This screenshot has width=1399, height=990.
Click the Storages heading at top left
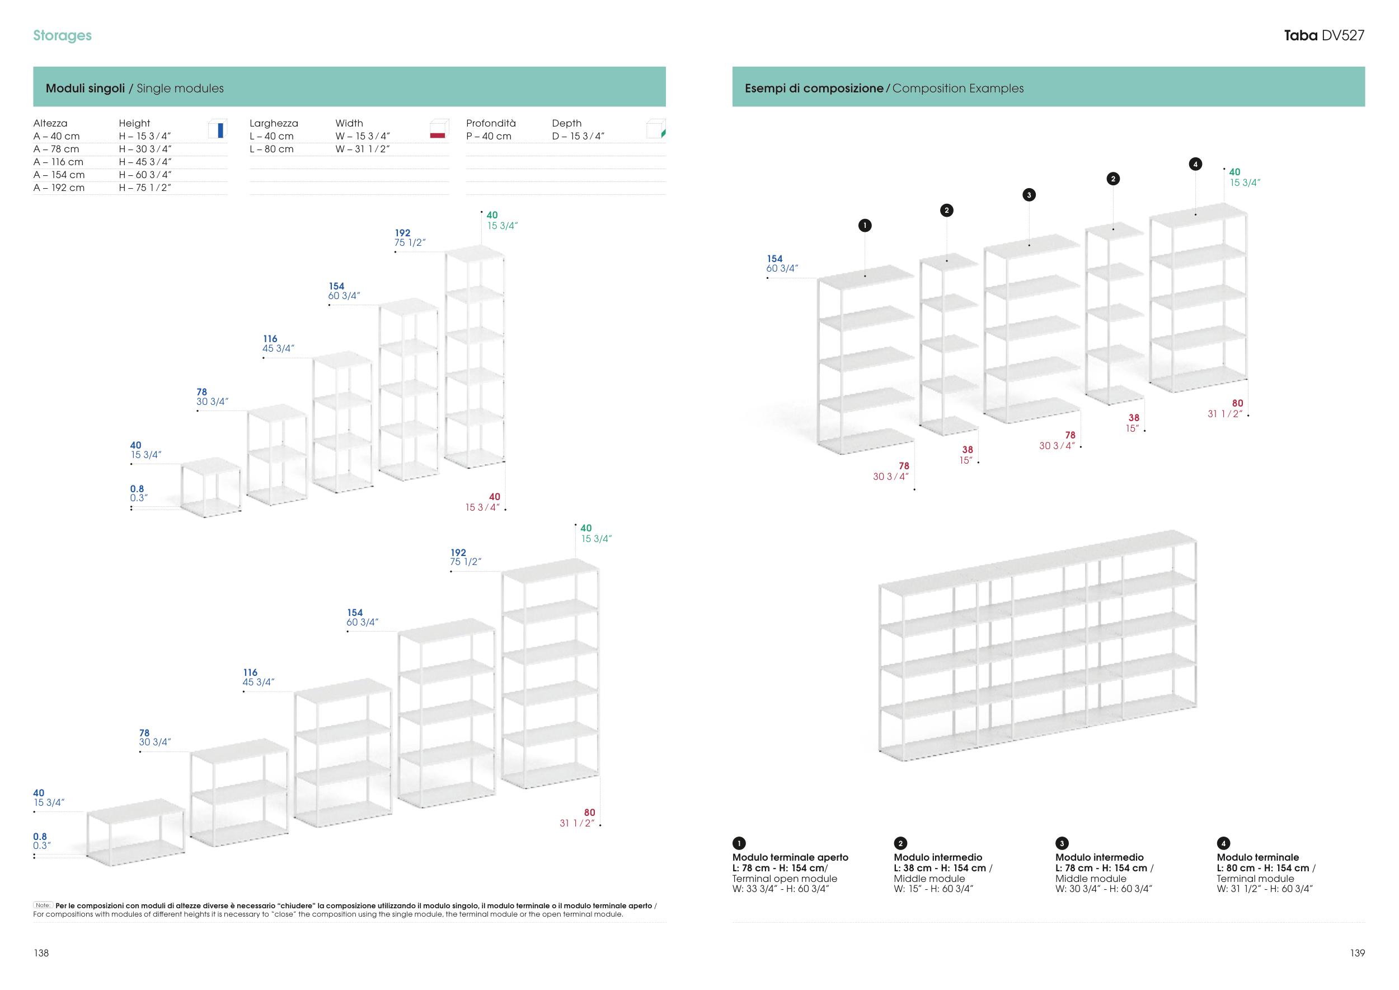click(62, 35)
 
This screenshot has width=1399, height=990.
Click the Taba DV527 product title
click(1323, 35)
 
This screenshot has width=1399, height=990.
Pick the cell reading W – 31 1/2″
click(363, 150)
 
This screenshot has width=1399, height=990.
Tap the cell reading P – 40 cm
click(489, 137)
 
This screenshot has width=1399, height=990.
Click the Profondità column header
click(491, 123)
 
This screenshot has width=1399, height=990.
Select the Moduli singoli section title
click(85, 88)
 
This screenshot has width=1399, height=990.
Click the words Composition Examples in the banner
click(958, 88)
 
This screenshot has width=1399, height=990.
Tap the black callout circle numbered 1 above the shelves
click(865, 226)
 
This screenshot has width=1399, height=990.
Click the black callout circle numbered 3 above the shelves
click(1029, 195)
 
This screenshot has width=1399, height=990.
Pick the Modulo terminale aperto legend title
click(790, 857)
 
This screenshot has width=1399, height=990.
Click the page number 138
click(41, 953)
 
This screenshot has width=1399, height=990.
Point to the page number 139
click(1358, 953)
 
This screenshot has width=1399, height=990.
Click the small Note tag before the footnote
click(43, 905)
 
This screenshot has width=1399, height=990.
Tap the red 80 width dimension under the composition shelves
click(1237, 404)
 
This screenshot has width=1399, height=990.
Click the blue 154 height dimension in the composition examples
click(774, 259)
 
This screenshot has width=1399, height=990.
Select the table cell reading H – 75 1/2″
click(145, 188)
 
